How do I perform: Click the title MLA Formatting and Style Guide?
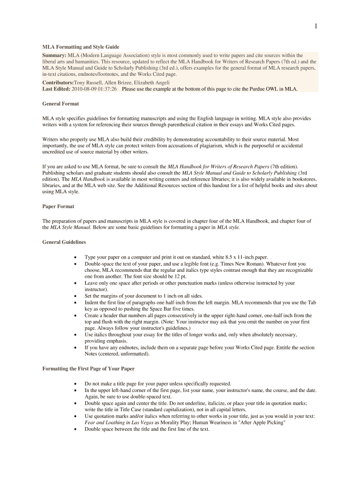coord(81,47)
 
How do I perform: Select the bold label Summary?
coord(54,55)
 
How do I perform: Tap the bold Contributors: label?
coord(58,82)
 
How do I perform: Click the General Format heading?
coord(60,103)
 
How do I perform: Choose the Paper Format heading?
coord(58,206)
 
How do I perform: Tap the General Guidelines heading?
coord(64,242)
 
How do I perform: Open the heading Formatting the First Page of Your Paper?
coord(88,369)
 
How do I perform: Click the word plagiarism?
coord(217,145)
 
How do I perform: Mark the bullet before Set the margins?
coord(75,296)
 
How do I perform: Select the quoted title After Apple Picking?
coord(262,422)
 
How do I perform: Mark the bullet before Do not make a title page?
coord(75,383)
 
